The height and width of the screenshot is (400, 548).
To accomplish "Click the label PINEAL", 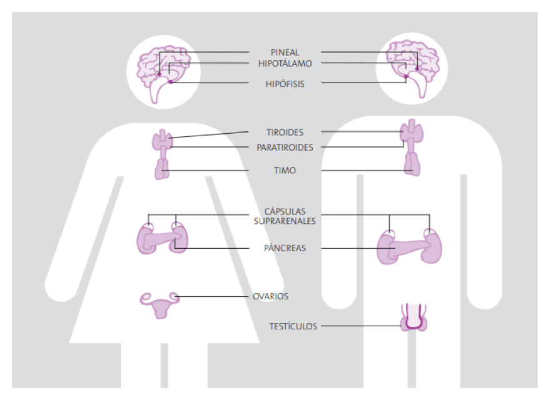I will [x=285, y=52].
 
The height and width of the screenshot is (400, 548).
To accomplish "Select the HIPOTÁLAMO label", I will [x=285, y=64].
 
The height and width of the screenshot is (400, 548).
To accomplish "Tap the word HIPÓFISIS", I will [x=285, y=83].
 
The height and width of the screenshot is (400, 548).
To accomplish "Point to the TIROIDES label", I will [x=285, y=132].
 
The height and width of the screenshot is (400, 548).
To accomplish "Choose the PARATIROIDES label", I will [x=285, y=147].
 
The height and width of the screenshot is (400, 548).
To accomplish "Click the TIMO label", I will [x=285, y=170].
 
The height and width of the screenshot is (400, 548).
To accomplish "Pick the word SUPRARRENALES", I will [x=285, y=221].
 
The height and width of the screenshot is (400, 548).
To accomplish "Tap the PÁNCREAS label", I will [x=285, y=248].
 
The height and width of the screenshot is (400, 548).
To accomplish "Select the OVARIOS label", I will [x=271, y=296].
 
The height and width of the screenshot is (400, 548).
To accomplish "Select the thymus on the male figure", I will [x=412, y=164].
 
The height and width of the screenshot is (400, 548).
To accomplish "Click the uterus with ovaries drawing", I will [x=160, y=304].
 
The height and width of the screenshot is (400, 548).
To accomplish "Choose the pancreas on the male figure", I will [x=409, y=248].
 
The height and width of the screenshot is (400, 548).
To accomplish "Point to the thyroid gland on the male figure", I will [x=412, y=132].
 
